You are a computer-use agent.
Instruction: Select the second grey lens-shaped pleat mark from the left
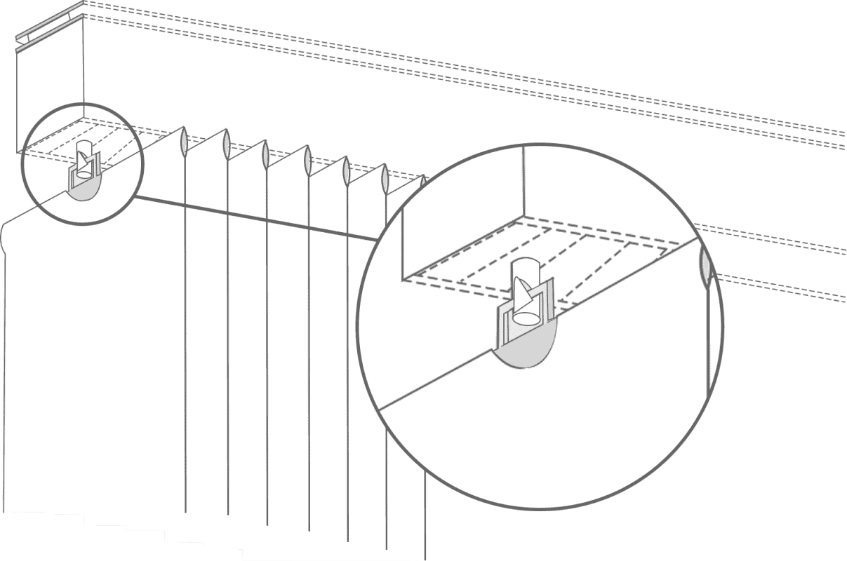click(x=226, y=143)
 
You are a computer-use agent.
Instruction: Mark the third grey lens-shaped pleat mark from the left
click(x=265, y=152)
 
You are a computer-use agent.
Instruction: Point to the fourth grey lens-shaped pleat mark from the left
click(x=307, y=161)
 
